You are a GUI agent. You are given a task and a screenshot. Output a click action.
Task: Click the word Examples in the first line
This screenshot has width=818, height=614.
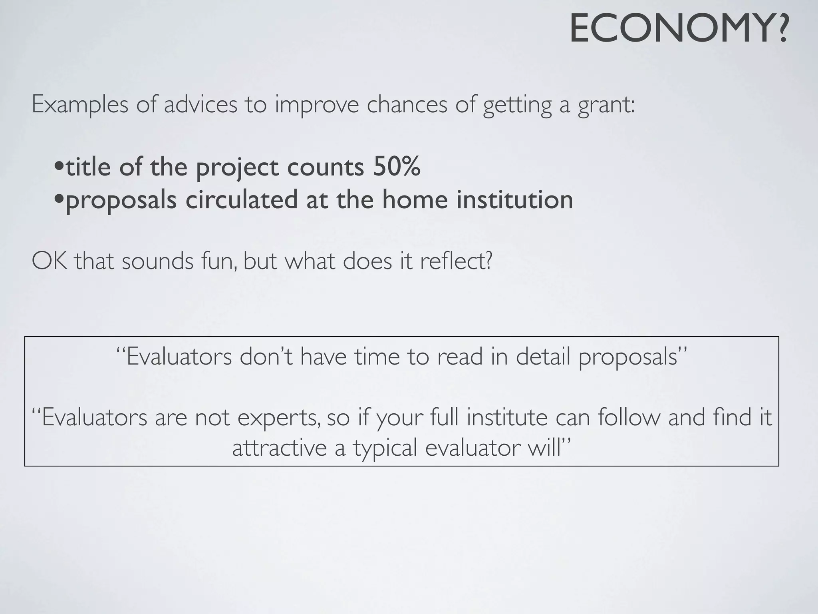(x=80, y=105)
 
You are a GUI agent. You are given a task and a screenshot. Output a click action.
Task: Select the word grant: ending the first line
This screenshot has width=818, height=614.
(x=606, y=105)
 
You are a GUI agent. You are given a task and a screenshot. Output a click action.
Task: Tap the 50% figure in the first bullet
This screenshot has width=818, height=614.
(x=397, y=167)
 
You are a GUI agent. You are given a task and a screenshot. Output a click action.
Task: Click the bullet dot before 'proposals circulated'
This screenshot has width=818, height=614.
(x=59, y=199)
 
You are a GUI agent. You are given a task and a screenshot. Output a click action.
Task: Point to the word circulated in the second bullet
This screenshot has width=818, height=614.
(x=242, y=199)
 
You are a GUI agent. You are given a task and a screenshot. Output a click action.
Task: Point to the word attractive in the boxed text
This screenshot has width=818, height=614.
(x=279, y=448)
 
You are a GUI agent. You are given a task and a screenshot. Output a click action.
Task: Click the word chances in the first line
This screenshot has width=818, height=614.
(x=407, y=105)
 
